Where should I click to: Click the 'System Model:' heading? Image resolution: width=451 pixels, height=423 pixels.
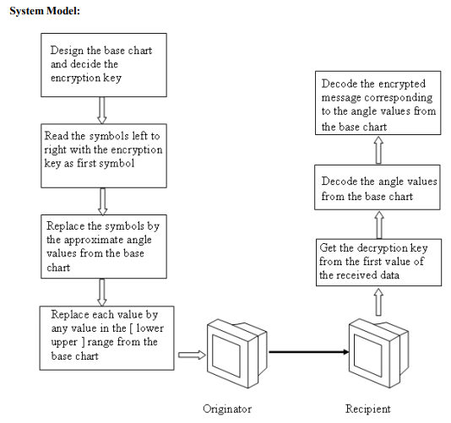pyautogui.click(x=45, y=11)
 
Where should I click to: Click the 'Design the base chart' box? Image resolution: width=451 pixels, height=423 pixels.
pyautogui.click(x=104, y=65)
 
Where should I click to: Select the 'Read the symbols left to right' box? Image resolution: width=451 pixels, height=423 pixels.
pyautogui.click(x=104, y=156)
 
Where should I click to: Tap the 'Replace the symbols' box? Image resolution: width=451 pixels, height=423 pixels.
pyautogui.click(x=104, y=247)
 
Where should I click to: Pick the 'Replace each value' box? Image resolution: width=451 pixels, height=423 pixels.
pyautogui.click(x=106, y=338)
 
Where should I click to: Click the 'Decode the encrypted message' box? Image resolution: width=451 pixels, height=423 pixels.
pyautogui.click(x=378, y=103)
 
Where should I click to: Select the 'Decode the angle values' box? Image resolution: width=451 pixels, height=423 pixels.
pyautogui.click(x=378, y=187)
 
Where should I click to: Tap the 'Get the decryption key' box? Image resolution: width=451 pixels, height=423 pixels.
pyautogui.click(x=379, y=263)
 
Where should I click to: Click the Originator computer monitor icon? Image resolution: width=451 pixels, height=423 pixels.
pyautogui.click(x=237, y=354)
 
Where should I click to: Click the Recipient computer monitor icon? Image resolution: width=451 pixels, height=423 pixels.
pyautogui.click(x=379, y=353)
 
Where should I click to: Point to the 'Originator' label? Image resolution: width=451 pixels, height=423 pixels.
pyautogui.click(x=227, y=409)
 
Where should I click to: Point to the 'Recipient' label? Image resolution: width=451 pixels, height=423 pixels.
pyautogui.click(x=368, y=409)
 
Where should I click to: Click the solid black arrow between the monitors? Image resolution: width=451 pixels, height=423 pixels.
pyautogui.click(x=308, y=352)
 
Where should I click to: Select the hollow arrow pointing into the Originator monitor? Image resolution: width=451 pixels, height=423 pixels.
pyautogui.click(x=192, y=355)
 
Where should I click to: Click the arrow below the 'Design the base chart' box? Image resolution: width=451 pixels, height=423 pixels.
pyautogui.click(x=102, y=111)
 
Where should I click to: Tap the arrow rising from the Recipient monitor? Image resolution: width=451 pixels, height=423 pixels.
pyautogui.click(x=379, y=302)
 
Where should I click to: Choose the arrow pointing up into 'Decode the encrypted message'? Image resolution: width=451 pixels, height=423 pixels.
pyautogui.click(x=378, y=149)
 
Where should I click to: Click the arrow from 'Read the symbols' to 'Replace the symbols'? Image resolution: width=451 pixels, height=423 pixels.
pyautogui.click(x=103, y=202)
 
